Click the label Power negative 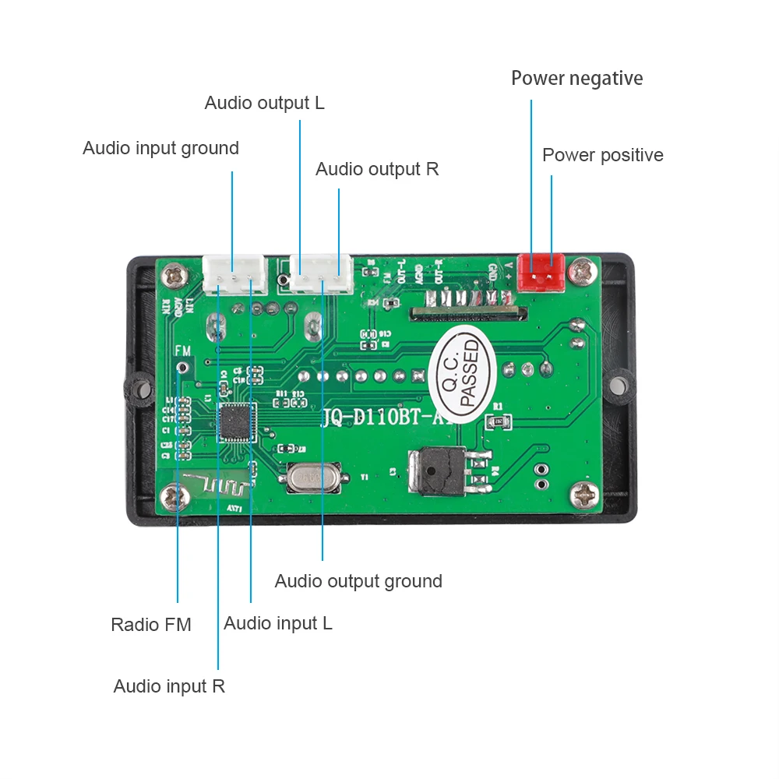point(576,79)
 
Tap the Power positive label point(602,155)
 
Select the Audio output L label point(264,103)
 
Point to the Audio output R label point(377,169)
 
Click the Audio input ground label point(160,148)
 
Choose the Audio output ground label point(358,581)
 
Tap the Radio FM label point(150,624)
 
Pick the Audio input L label point(278,623)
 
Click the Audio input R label point(169,686)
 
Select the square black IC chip point(238,423)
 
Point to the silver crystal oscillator point(312,477)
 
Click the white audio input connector point(233,275)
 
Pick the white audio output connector point(320,274)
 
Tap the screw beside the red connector point(580,271)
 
